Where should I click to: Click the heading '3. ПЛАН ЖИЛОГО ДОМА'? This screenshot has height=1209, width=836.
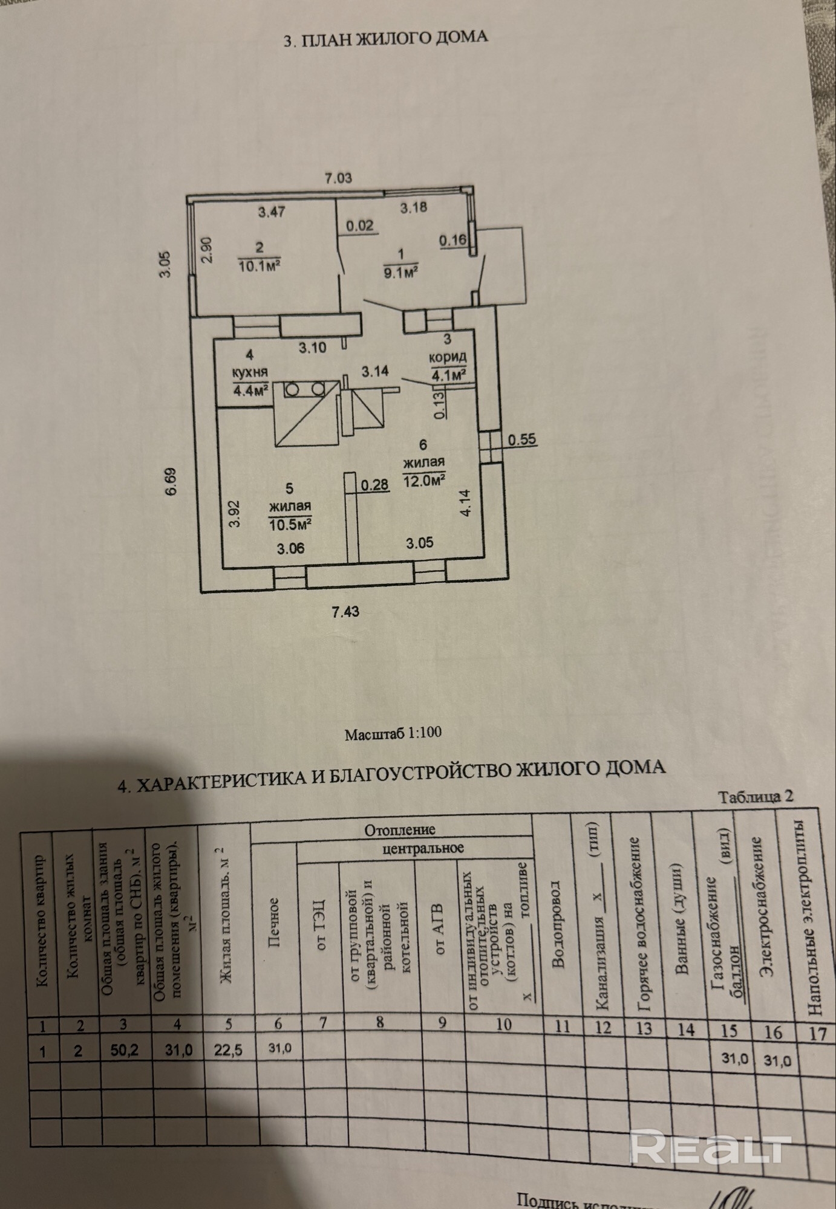pyautogui.click(x=385, y=38)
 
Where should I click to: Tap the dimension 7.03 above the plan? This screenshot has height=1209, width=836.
pyautogui.click(x=338, y=178)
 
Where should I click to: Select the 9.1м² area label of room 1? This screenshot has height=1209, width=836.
pyautogui.click(x=402, y=273)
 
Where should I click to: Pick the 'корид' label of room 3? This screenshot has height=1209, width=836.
pyautogui.click(x=447, y=358)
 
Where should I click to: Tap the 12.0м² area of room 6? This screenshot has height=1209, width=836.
pyautogui.click(x=424, y=479)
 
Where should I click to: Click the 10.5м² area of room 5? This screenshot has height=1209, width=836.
pyautogui.click(x=290, y=523)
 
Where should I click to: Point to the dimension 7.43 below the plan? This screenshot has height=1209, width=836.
pyautogui.click(x=345, y=612)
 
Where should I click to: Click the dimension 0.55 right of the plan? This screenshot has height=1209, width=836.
pyautogui.click(x=522, y=439)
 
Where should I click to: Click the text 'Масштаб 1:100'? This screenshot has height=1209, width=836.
pyautogui.click(x=393, y=733)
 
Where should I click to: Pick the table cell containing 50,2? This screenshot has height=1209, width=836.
pyautogui.click(x=125, y=1049)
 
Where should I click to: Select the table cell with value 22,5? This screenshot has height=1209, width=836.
pyautogui.click(x=229, y=1051)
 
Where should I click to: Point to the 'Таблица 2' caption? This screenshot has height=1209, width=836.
pyautogui.click(x=756, y=796)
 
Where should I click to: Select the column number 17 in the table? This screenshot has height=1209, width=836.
pyautogui.click(x=817, y=1032)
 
